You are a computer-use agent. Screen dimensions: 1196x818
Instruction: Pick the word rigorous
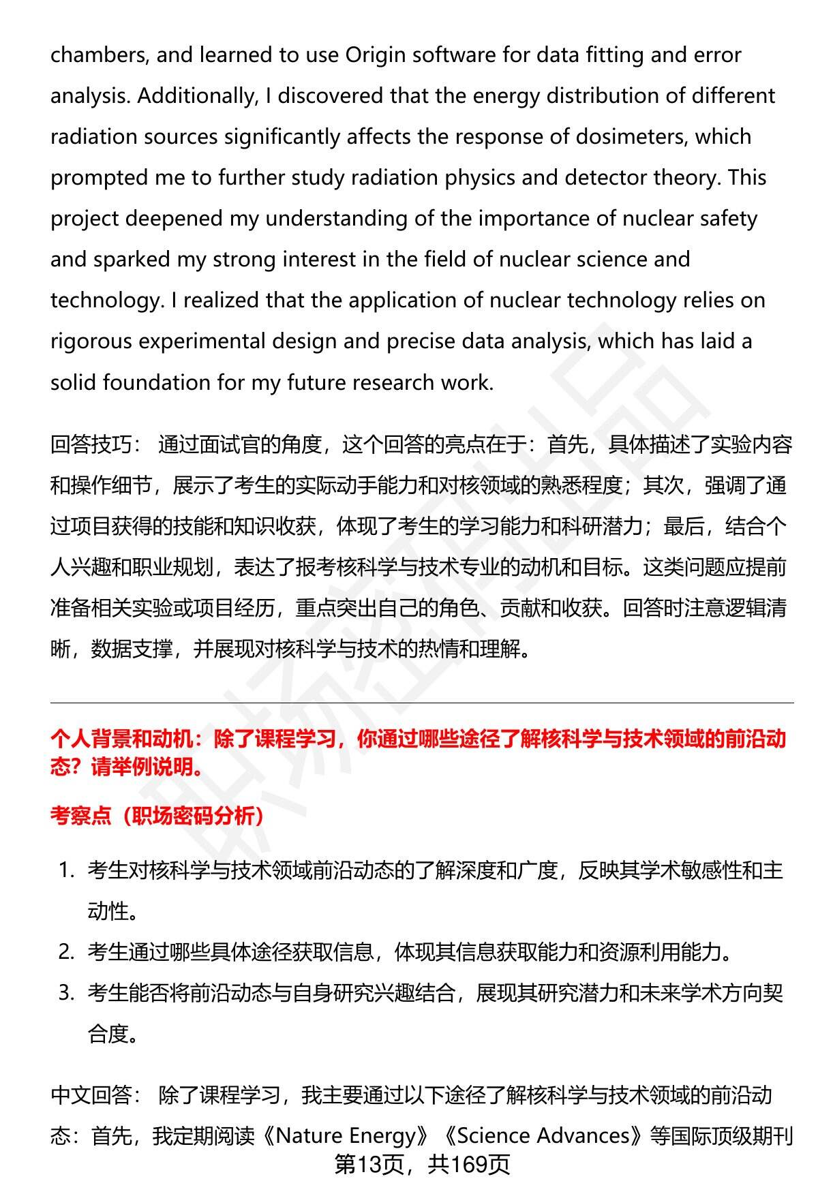point(91,341)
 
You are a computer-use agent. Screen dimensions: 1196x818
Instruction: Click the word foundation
point(157,382)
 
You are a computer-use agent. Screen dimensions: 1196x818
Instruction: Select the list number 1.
point(65,870)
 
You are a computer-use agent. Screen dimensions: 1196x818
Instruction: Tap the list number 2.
point(65,952)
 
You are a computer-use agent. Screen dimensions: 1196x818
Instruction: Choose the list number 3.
point(65,993)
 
